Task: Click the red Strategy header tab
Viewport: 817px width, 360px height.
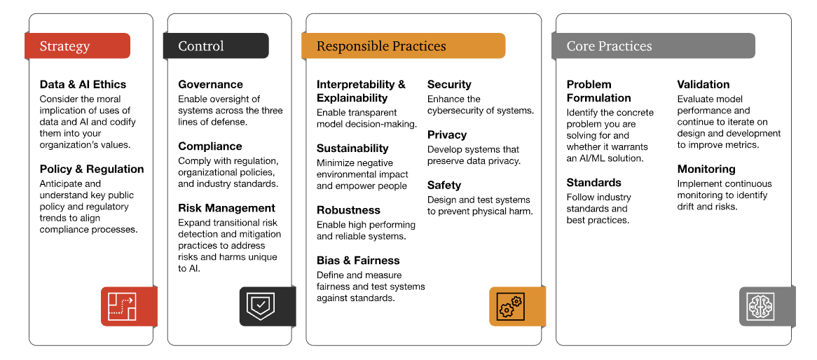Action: (x=77, y=46)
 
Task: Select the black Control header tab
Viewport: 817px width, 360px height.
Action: (x=216, y=46)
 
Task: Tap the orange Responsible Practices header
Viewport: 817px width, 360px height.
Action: (x=404, y=46)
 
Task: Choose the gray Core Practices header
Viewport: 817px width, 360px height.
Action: (x=653, y=46)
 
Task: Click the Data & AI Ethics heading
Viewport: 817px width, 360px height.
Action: (x=83, y=85)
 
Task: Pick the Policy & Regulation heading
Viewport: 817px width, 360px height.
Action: (x=92, y=169)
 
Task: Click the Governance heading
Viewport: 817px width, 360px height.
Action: (x=210, y=85)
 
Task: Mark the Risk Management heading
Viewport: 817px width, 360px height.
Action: (x=226, y=209)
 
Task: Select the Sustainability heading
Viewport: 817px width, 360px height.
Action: (x=352, y=148)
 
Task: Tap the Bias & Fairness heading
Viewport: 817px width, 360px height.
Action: (x=359, y=261)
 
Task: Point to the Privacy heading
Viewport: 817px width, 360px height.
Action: (x=447, y=135)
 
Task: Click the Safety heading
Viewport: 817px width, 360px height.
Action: (x=444, y=185)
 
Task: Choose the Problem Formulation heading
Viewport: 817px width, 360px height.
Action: (x=598, y=91)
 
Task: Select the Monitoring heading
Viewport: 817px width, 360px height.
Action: (x=706, y=169)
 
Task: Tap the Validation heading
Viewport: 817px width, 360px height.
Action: (x=703, y=85)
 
